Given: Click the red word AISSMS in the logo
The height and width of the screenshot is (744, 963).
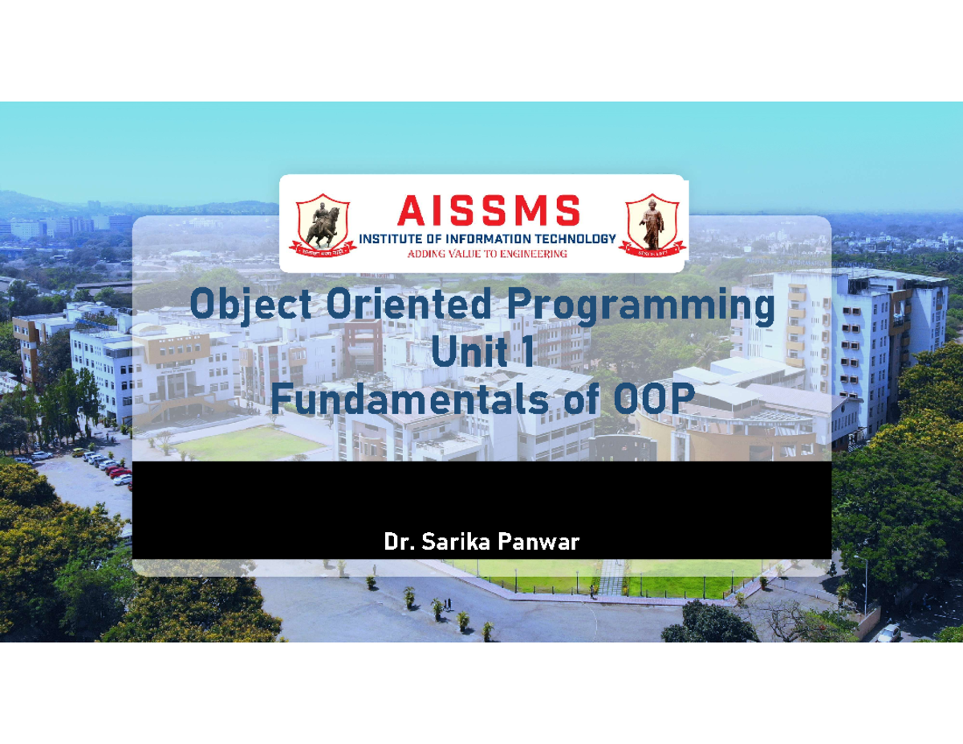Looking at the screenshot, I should tap(488, 211).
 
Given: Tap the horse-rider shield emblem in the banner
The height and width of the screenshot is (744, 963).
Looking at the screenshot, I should tap(323, 226).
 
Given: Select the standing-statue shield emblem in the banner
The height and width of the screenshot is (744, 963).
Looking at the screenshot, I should tap(652, 226).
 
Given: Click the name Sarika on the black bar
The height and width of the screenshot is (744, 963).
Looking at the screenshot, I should tap(456, 543).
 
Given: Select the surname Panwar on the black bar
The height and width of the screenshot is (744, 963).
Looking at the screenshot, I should tap(538, 543).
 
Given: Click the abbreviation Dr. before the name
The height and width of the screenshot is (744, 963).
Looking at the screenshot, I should tap(399, 543).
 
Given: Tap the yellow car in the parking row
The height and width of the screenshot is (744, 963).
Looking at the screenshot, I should tap(79, 453).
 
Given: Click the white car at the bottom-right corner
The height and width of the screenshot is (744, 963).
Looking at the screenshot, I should tap(888, 632).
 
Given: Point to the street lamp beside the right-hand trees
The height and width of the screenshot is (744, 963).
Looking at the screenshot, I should tap(865, 582).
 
